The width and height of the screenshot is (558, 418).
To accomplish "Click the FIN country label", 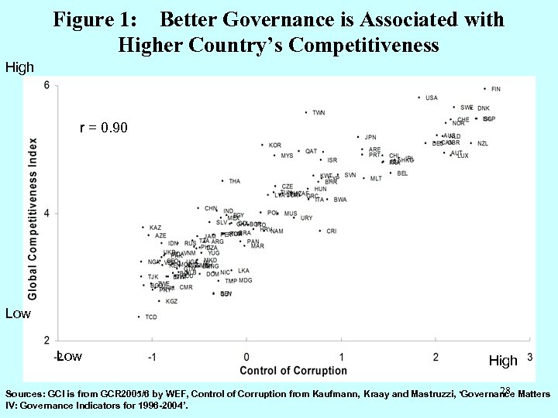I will tap(496, 89).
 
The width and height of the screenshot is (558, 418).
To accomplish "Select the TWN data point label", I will tap(319, 113).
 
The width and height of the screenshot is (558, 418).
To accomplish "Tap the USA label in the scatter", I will tap(432, 98).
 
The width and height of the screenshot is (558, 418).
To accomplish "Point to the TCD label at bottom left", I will tap(151, 317).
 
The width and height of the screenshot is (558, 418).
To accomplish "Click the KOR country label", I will tap(275, 146).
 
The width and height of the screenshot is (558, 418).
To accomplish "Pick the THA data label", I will tap(234, 181).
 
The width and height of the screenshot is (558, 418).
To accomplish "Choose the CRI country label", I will tap(331, 231).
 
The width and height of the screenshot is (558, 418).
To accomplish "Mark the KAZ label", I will tap(155, 228).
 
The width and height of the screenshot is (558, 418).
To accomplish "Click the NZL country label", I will tap(483, 144).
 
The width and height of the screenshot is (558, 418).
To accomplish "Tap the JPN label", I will tap(370, 138).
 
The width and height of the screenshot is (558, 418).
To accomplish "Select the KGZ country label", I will tap(171, 302).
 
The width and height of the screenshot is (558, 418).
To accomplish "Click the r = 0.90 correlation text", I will tap(104, 127).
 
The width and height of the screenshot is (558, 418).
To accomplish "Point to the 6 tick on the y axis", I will tap(46, 85).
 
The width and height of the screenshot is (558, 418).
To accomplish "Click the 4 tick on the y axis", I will tap(46, 214).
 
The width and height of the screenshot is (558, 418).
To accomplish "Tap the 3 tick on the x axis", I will tap(529, 357).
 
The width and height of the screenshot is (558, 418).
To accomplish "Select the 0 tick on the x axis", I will tap(246, 357).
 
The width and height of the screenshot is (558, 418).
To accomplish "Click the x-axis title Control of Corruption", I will tap(293, 371).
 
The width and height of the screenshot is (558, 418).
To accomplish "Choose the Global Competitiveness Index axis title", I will tap(33, 219).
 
